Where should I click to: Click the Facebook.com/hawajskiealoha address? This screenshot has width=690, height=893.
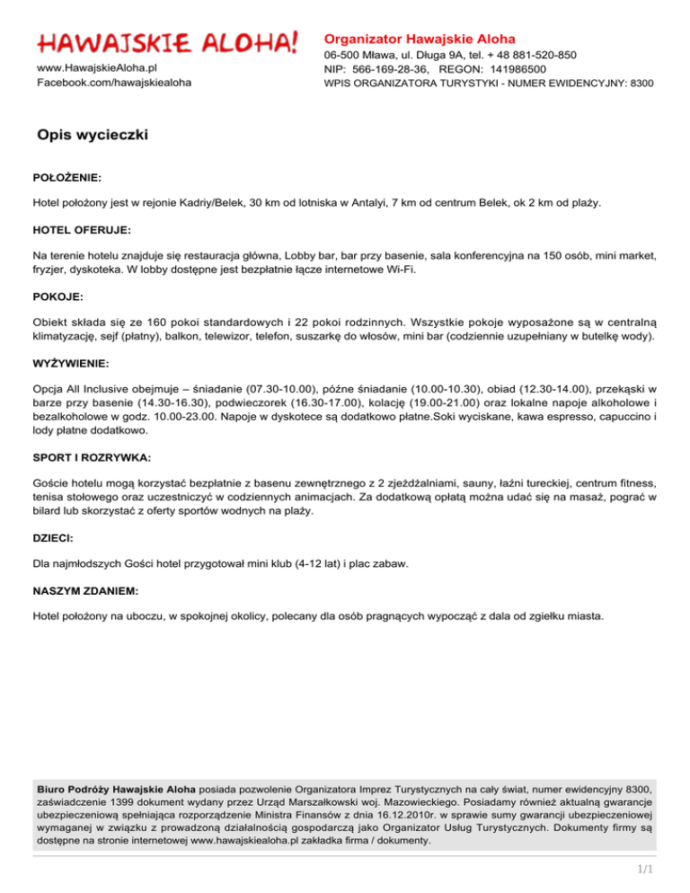click(x=113, y=83)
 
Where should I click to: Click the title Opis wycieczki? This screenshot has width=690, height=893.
click(x=92, y=135)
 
